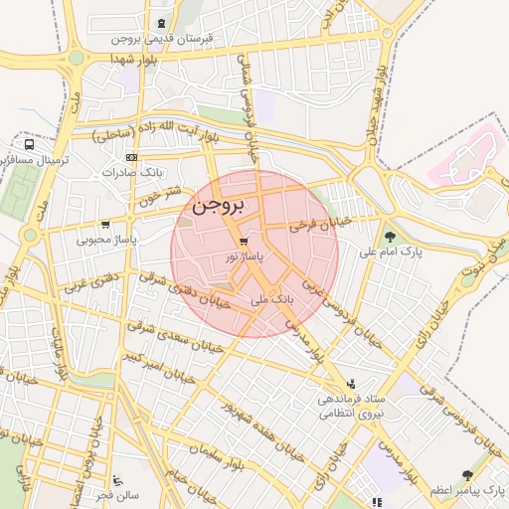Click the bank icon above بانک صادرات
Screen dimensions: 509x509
[131, 157]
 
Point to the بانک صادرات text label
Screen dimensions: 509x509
[130, 172]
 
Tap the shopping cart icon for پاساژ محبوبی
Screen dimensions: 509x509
[106, 225]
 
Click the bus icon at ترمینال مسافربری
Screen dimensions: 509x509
[29, 144]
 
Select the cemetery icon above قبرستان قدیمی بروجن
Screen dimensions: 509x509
[161, 23]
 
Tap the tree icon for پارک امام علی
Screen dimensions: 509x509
[390, 237]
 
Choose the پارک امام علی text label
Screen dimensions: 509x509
[390, 252]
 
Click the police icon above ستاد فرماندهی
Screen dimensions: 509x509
[350, 384]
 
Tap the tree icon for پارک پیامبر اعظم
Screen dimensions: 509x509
[467, 476]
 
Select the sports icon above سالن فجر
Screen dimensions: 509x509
[117, 479]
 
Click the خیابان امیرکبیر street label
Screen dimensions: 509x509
[154, 367]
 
